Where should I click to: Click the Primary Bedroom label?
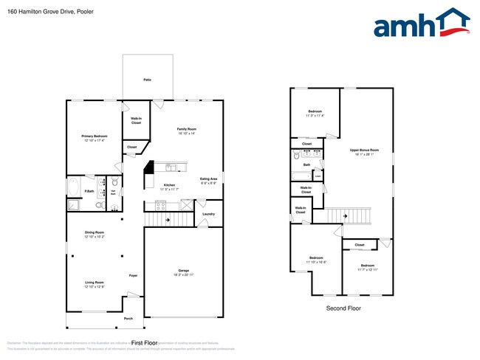(x=95, y=137)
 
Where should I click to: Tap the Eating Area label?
(x=209, y=179)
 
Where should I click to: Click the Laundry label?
(x=208, y=214)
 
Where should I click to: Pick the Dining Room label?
(x=95, y=234)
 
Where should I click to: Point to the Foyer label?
(x=133, y=275)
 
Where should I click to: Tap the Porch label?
(x=128, y=319)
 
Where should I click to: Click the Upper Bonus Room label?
(x=365, y=151)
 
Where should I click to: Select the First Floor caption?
(x=145, y=343)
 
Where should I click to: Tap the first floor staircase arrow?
(x=168, y=219)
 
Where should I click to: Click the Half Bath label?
(x=114, y=193)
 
